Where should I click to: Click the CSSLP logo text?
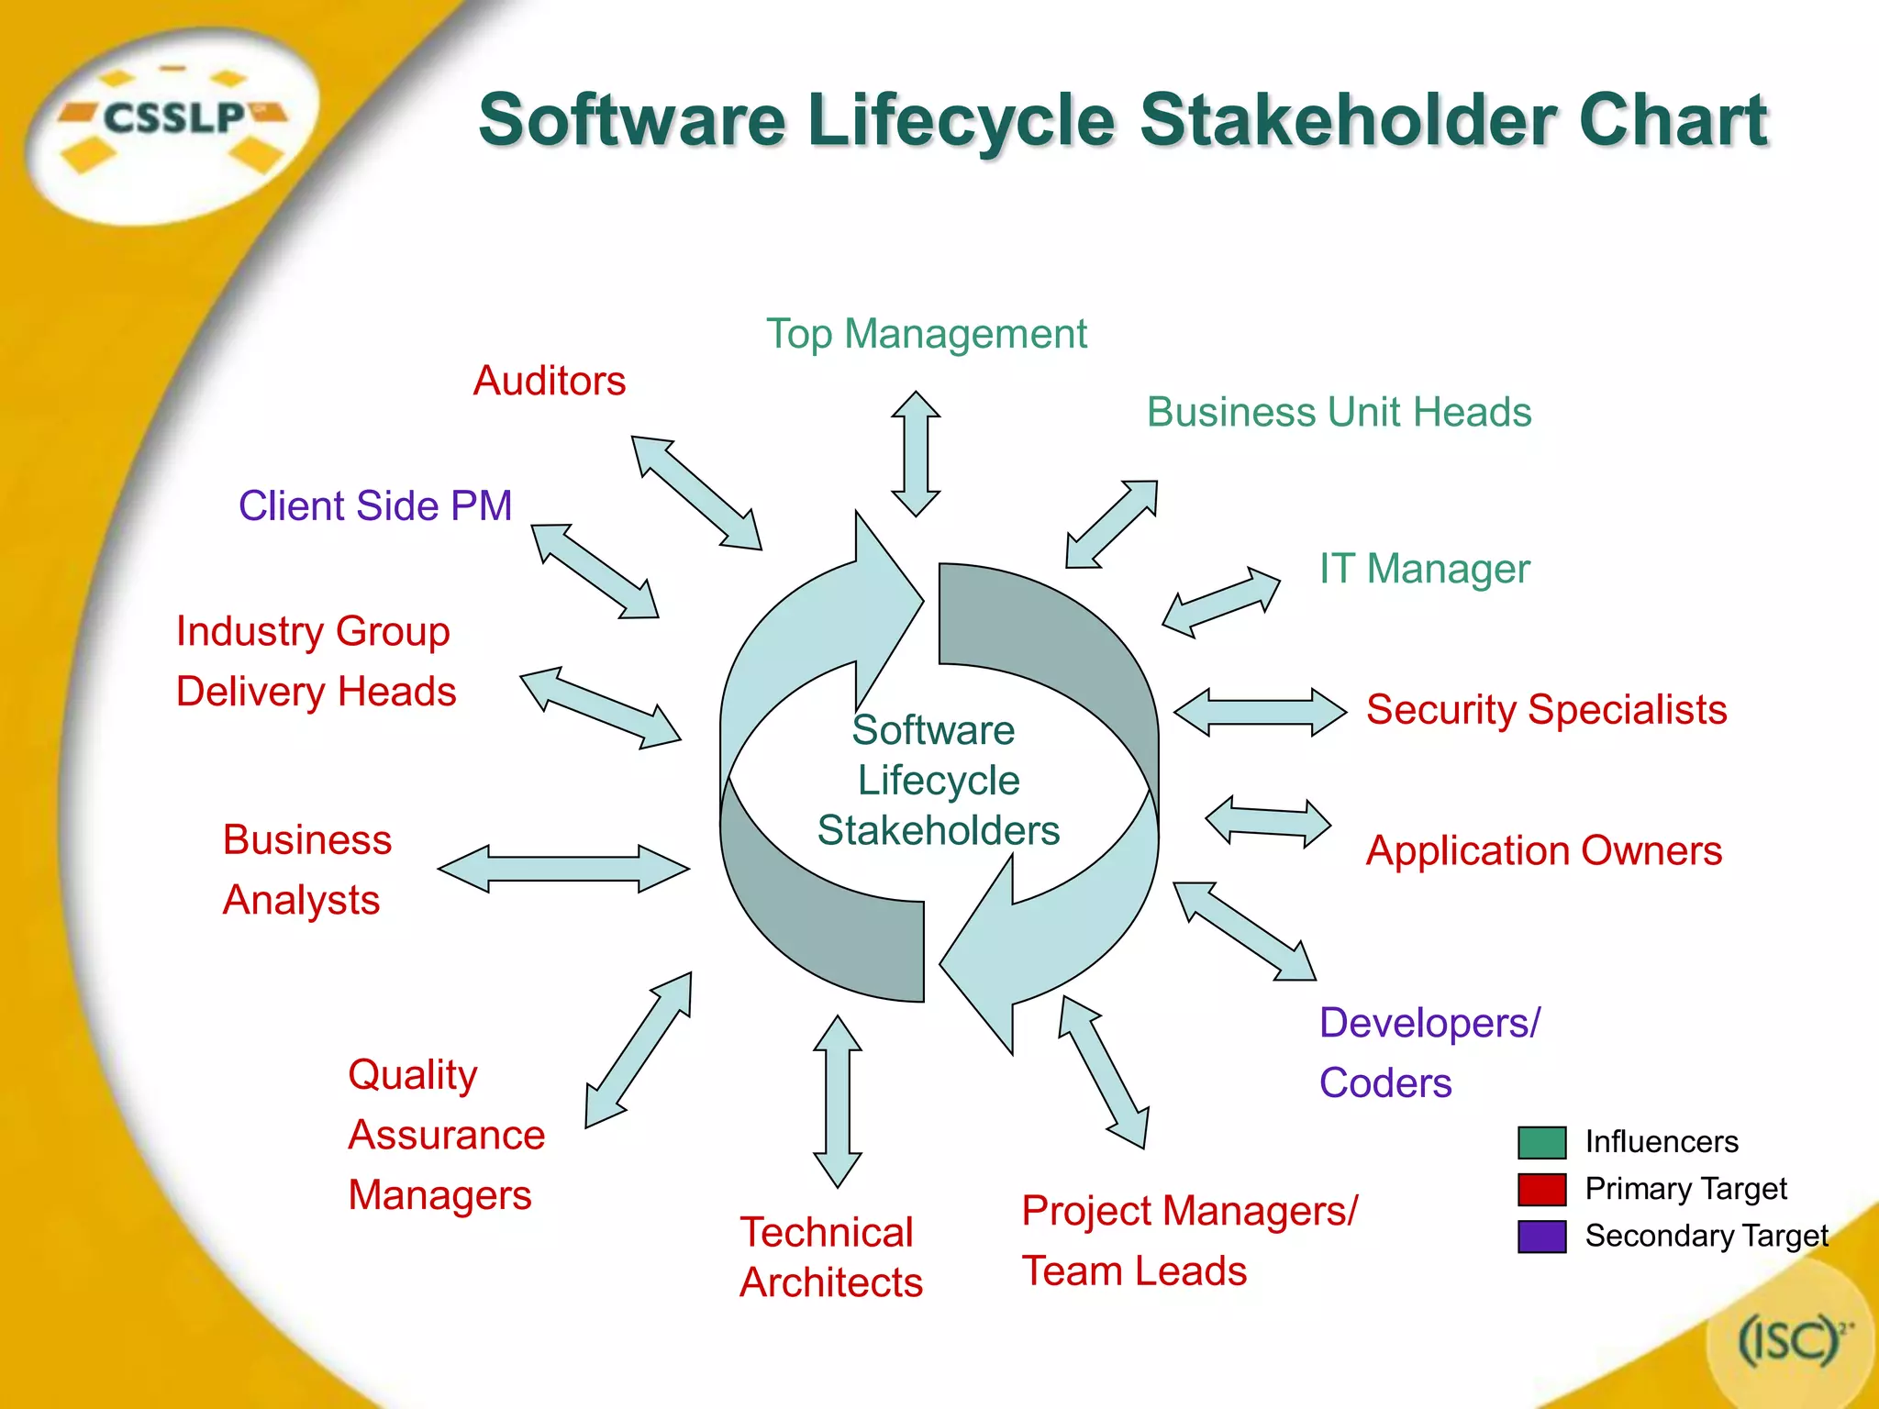pos(173,117)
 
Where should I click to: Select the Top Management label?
pos(927,334)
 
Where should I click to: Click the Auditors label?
pos(550,381)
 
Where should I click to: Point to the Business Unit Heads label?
pos(1339,413)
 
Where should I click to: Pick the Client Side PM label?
pos(375,505)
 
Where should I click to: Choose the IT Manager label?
pos(1424,569)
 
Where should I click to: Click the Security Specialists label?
pos(1546,710)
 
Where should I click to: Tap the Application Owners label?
pos(1543,851)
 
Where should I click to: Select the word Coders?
pos(1385,1083)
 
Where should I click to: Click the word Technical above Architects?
pos(827,1232)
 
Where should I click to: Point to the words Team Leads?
pos(1134,1271)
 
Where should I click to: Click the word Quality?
pos(413,1075)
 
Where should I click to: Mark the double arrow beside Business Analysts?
pos(563,869)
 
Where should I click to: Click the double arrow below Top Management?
pos(916,454)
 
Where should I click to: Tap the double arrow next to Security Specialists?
pos(1260,712)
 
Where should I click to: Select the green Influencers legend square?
pos(1541,1142)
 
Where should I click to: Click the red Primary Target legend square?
pos(1541,1190)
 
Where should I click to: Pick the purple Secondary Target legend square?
pos(1541,1237)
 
